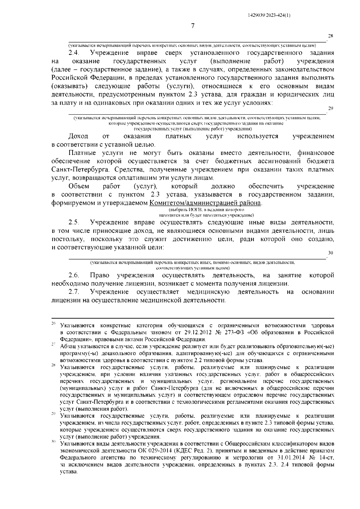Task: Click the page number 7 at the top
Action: tap(193, 26)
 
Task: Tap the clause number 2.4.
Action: tap(73, 53)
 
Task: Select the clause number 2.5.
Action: tap(73, 223)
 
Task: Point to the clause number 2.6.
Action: tap(73, 275)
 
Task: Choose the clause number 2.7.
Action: tap(73, 292)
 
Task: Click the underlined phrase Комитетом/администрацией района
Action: tap(205, 203)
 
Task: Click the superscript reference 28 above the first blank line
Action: tap(331, 36)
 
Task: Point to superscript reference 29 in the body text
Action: tap(331, 109)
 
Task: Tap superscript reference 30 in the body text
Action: tap(331, 253)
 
